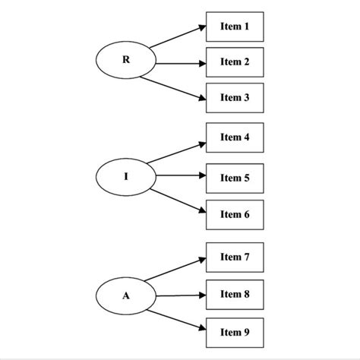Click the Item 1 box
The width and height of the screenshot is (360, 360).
point(235,27)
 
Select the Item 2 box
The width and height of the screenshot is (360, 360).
point(235,62)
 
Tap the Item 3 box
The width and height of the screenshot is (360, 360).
point(235,97)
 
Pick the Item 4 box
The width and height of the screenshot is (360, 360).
point(235,137)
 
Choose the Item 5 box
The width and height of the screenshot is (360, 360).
point(235,178)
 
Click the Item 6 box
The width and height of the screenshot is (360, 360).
point(235,213)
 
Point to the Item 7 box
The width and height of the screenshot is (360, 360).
point(235,257)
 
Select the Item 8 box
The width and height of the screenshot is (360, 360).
point(235,293)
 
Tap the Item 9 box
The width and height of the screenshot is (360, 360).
point(235,331)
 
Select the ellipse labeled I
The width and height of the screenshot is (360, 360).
point(126,177)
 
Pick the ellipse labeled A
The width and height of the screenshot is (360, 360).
point(126,295)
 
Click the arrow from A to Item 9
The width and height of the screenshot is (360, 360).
point(178,318)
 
